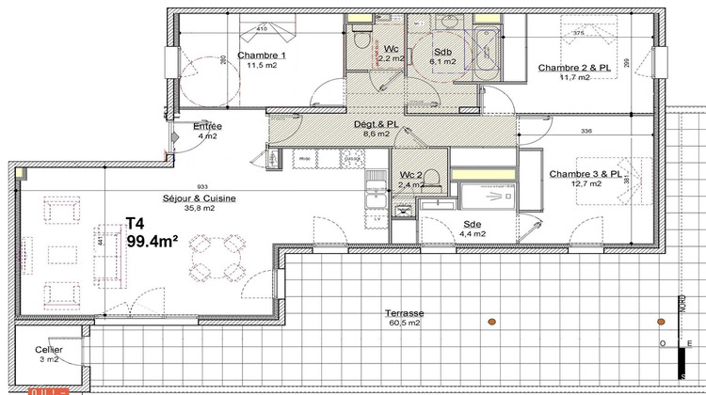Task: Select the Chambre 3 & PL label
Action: [586, 174]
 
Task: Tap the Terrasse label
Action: [404, 312]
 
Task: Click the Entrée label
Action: [207, 126]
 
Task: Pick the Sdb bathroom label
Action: [443, 52]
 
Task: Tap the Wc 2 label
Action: [410, 176]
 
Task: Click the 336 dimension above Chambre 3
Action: [586, 132]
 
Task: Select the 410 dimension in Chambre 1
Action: [262, 29]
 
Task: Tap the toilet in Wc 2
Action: [432, 178]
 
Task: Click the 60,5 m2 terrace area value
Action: [404, 323]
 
